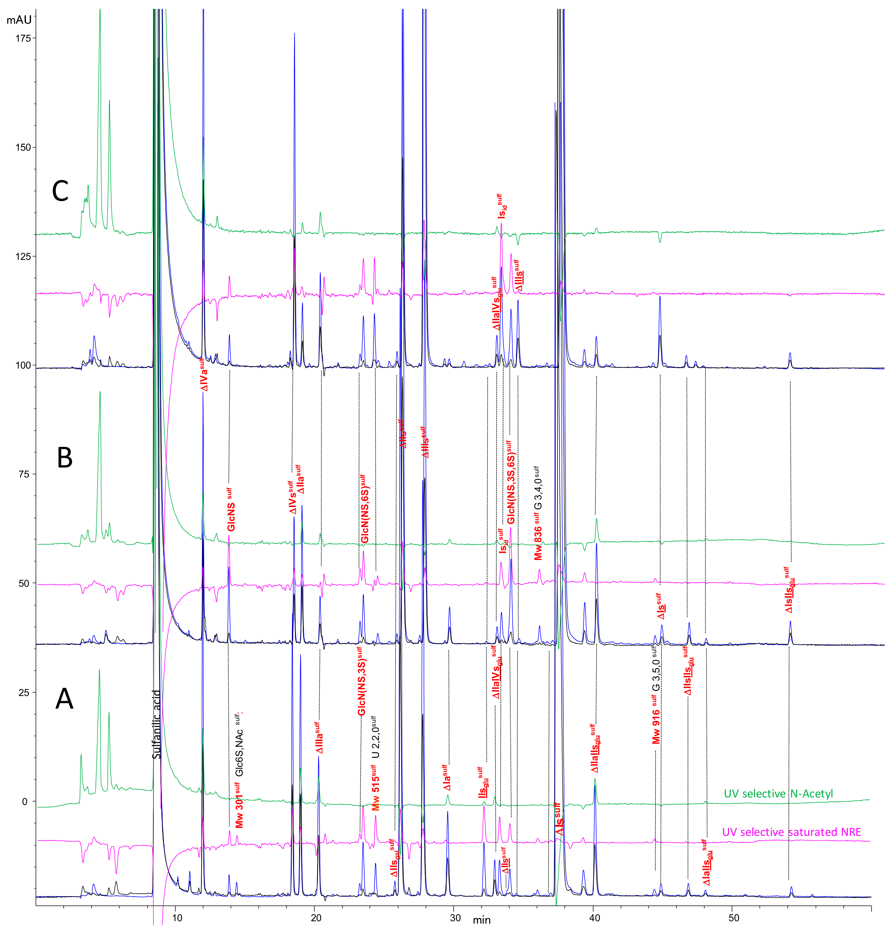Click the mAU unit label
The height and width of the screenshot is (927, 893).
click(19, 20)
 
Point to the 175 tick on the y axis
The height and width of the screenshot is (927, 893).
click(23, 38)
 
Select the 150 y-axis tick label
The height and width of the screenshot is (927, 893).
click(23, 147)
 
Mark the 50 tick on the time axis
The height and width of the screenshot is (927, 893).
click(733, 917)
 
